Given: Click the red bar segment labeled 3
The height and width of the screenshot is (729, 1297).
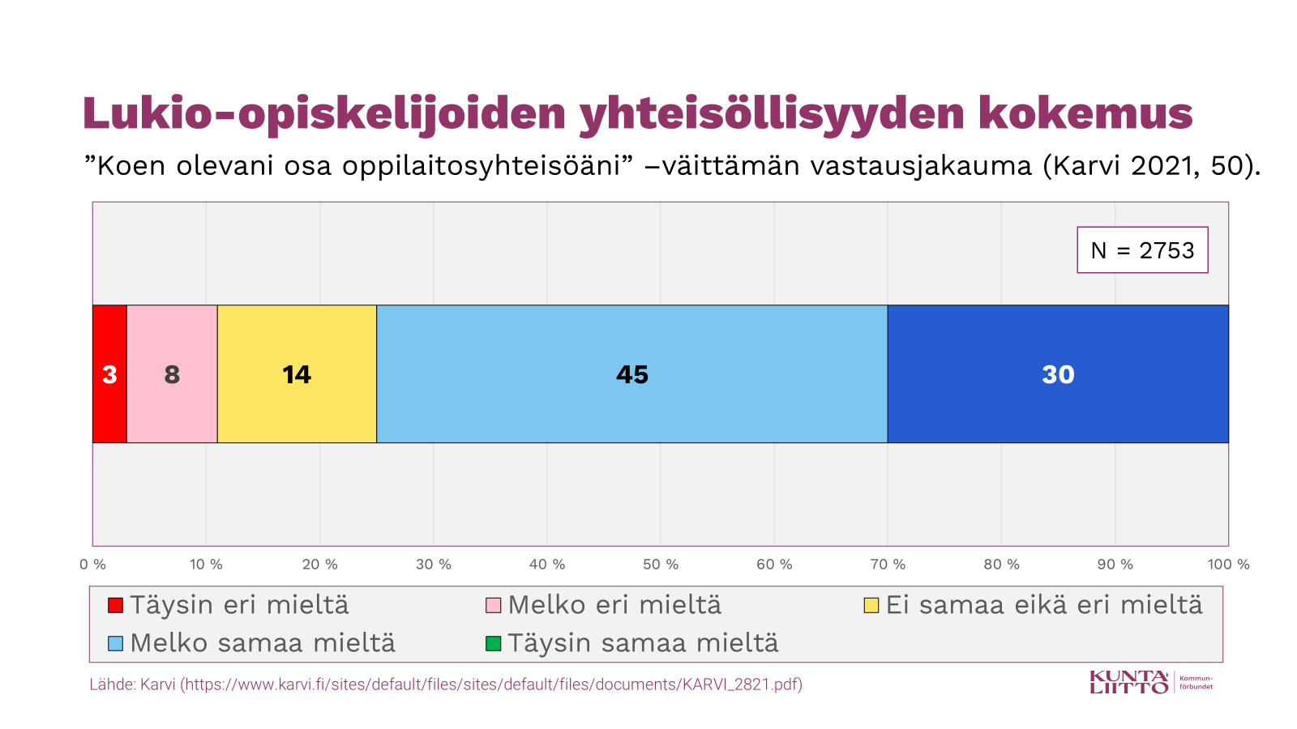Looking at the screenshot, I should click(x=109, y=374).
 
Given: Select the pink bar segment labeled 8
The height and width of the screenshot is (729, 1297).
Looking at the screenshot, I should click(x=172, y=374).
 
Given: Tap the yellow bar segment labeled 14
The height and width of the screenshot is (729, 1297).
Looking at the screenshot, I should click(x=297, y=374).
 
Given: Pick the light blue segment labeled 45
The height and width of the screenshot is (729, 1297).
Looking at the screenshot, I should click(x=631, y=374).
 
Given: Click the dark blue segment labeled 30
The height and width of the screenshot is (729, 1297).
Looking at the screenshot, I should click(x=1058, y=374).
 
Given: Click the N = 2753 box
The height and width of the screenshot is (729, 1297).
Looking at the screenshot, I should click(x=1142, y=250).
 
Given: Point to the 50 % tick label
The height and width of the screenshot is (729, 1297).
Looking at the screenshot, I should click(x=661, y=565).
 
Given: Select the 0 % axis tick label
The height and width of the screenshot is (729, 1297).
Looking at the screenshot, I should click(x=93, y=565).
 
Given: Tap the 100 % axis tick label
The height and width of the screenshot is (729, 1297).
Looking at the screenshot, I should click(x=1228, y=565).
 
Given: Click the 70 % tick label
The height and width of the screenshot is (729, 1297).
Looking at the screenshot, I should click(x=888, y=565).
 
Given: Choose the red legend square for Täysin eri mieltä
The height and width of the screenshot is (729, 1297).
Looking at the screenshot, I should click(x=116, y=605).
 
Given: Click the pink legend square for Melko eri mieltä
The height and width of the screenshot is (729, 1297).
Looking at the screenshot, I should click(x=493, y=605).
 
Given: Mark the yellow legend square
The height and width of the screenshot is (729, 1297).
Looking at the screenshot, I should click(x=871, y=605).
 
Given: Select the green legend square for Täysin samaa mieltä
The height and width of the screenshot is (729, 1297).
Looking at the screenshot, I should click(x=493, y=644).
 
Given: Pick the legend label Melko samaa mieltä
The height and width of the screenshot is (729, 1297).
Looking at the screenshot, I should click(x=263, y=643).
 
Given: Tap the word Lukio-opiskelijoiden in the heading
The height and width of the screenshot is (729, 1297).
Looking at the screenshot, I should click(x=324, y=113).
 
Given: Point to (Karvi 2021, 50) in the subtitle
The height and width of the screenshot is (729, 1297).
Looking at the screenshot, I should click(x=1151, y=165).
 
